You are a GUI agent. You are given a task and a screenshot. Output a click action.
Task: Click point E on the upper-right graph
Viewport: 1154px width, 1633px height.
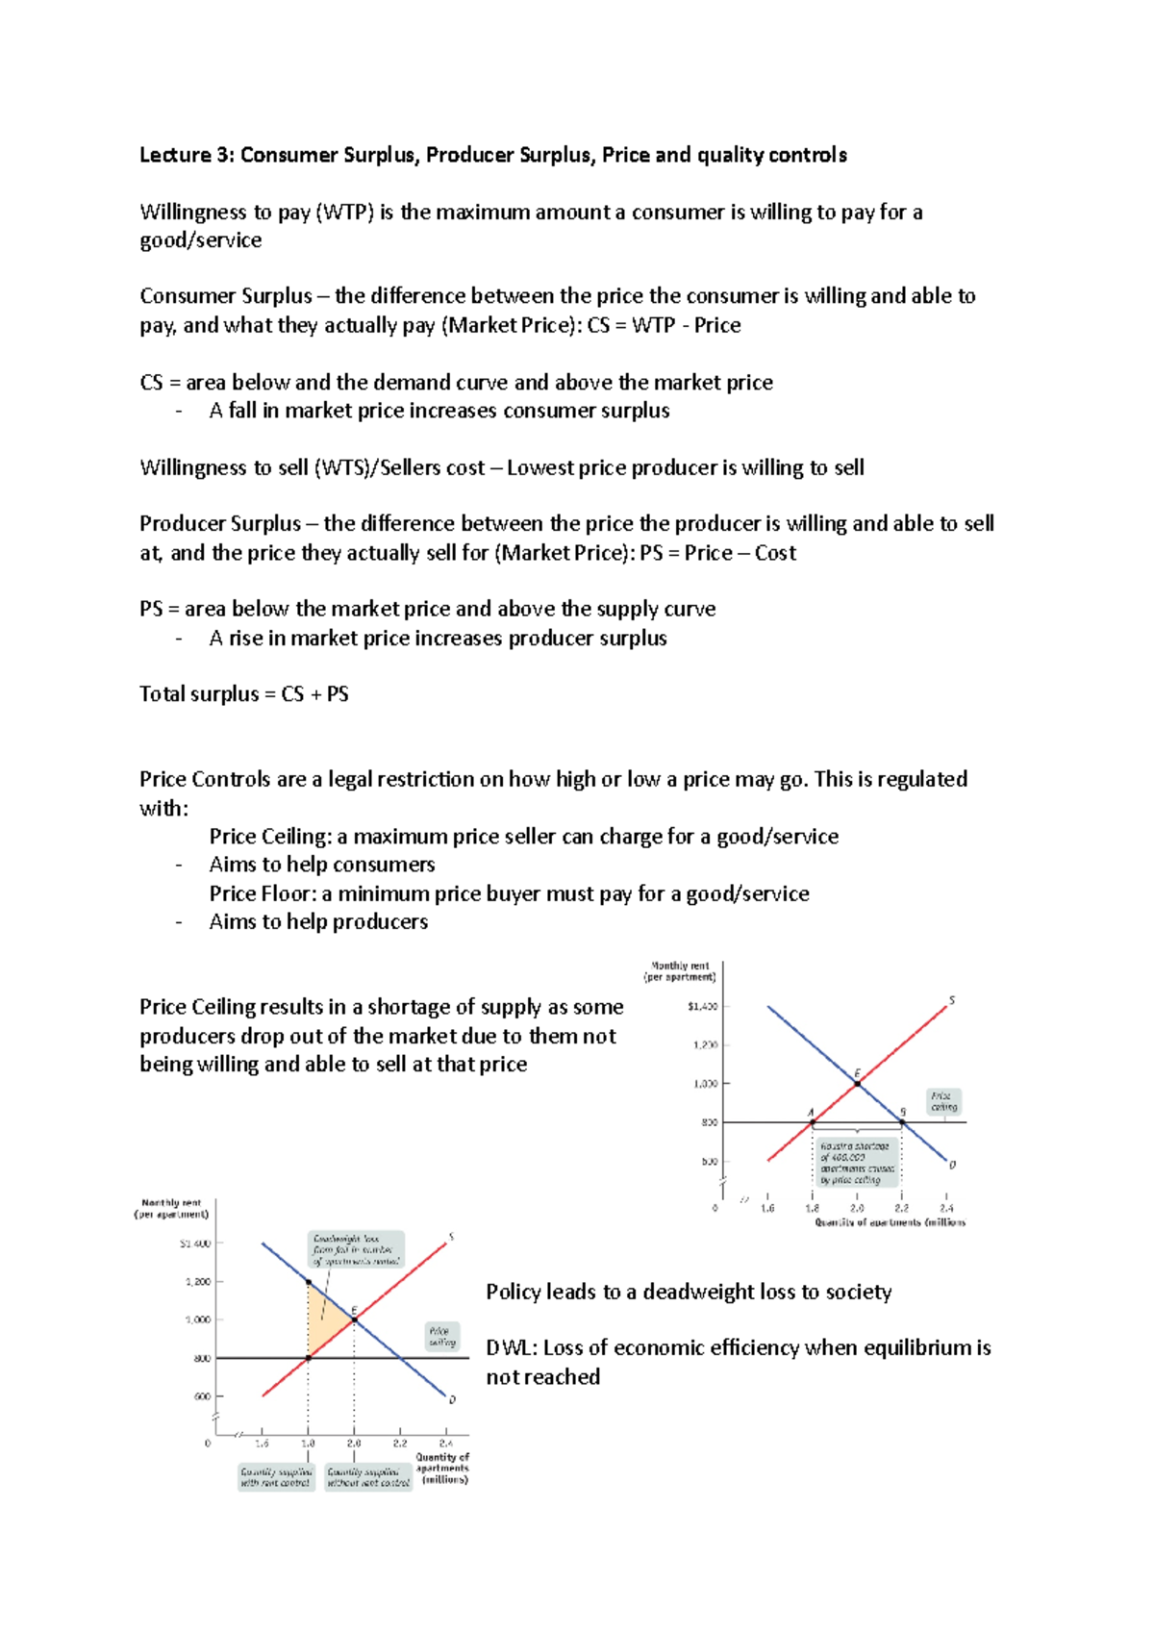[x=857, y=1083]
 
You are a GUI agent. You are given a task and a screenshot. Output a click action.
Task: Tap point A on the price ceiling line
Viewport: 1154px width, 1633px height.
[x=812, y=1121]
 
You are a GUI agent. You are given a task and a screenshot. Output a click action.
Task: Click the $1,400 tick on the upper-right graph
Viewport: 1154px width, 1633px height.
[x=703, y=1006]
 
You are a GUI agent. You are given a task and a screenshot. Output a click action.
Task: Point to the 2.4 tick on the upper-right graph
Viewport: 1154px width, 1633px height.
[x=946, y=1208]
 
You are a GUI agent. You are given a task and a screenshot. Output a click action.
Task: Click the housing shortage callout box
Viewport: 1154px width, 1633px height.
[x=856, y=1163]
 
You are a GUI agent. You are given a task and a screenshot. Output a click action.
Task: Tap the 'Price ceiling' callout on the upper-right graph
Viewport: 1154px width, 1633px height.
[x=943, y=1101]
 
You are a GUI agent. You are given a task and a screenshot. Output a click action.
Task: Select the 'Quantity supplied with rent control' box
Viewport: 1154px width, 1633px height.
[x=276, y=1477]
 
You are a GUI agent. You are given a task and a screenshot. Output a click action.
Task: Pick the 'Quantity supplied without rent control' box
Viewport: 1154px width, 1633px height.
[x=368, y=1477]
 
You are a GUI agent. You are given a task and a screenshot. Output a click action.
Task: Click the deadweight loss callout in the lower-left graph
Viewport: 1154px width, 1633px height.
[x=357, y=1249]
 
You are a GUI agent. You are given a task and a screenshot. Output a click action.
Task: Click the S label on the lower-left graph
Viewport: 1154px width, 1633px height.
[x=451, y=1237]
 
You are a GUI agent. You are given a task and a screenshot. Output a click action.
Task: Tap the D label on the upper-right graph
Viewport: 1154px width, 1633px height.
[x=952, y=1165]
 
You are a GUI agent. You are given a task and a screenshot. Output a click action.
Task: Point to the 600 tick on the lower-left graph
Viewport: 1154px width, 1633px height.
[x=202, y=1396]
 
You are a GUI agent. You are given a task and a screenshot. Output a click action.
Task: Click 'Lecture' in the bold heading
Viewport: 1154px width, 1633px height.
[x=174, y=155]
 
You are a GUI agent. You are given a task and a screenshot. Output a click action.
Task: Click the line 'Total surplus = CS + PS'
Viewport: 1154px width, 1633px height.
[x=244, y=694]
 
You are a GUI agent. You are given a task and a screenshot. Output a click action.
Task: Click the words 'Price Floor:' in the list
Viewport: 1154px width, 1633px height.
[x=262, y=893]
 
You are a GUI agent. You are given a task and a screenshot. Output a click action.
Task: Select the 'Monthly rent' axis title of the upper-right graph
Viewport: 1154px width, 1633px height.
[x=680, y=971]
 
